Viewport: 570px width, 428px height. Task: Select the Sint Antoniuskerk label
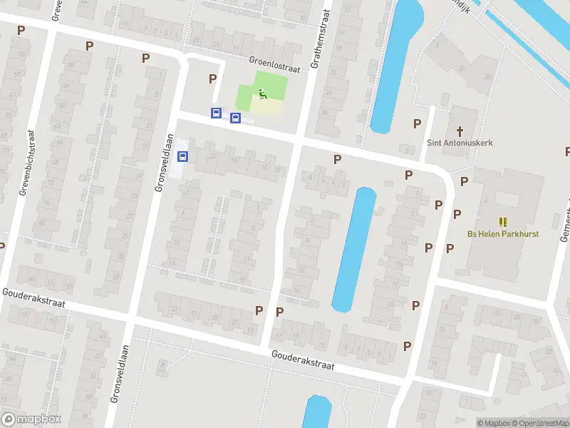click(x=460, y=143)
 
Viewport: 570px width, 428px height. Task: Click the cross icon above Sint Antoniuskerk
click(x=460, y=131)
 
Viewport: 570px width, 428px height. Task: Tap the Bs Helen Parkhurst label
click(x=503, y=234)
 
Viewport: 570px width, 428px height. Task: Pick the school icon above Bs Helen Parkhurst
click(x=503, y=222)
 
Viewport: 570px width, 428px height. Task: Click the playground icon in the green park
click(x=262, y=93)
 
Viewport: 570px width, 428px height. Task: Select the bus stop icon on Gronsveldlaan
click(x=182, y=157)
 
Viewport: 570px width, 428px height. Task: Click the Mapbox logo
click(x=31, y=419)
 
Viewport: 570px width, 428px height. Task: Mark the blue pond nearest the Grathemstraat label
click(x=393, y=64)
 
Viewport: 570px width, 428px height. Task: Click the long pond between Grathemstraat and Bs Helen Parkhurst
click(x=354, y=250)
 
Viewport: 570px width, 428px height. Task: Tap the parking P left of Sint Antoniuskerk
click(x=417, y=123)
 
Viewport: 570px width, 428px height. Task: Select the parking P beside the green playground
click(x=212, y=78)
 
